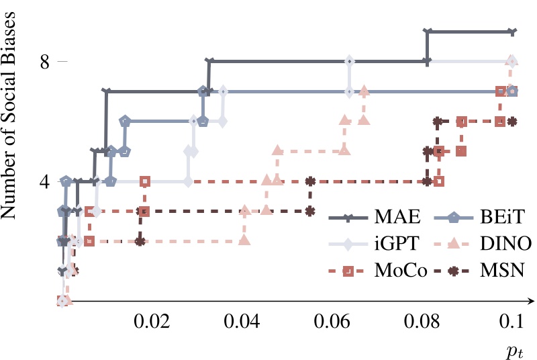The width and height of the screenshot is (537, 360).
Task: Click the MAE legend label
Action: point(397,218)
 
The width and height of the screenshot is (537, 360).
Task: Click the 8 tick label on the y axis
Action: point(45,62)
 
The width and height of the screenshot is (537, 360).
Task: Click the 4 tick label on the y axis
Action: point(45,181)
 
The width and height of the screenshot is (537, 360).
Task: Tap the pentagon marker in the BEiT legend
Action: point(454,218)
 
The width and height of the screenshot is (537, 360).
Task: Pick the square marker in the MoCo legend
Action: point(348,271)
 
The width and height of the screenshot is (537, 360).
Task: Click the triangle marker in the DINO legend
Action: point(454,244)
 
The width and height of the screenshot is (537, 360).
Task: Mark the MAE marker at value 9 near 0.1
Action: point(512,32)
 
